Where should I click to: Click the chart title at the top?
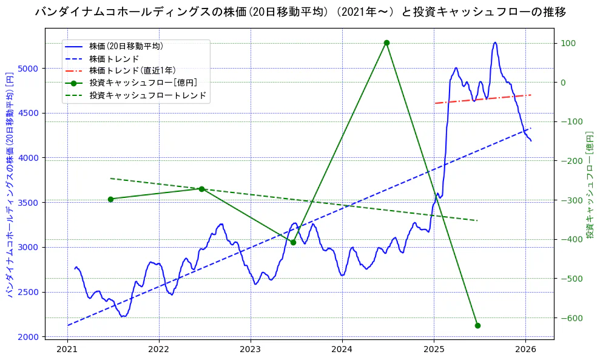point(300,12)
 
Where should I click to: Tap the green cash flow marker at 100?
point(386,42)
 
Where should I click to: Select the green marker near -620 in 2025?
point(477,325)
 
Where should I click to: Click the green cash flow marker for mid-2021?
point(110,199)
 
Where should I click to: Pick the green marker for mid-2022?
point(201,189)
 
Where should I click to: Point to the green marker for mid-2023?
point(293,242)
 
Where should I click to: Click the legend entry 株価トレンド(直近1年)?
point(132,70)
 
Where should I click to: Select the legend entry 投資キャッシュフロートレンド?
point(147,95)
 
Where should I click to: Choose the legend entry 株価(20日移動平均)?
point(126,46)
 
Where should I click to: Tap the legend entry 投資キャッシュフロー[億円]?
point(143,83)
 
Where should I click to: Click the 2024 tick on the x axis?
point(342,350)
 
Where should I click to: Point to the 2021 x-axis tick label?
point(67,350)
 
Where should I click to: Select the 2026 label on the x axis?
point(525,350)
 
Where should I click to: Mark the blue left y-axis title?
point(10,182)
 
